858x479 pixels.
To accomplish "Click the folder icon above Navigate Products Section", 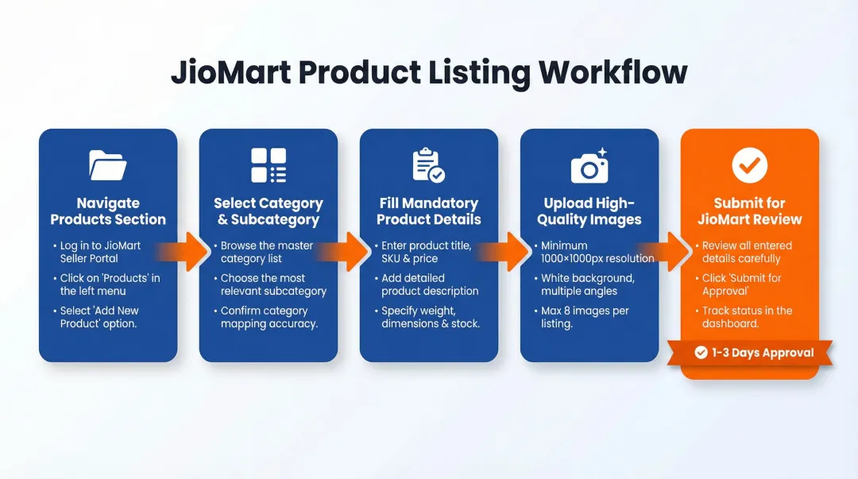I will pos(108,165).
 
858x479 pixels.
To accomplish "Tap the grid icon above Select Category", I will pos(269,165).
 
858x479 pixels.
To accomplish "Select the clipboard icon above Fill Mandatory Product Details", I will pos(428,165).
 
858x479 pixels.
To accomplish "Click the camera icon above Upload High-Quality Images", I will pos(589,166).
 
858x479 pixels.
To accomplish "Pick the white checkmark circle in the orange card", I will pos(749,165).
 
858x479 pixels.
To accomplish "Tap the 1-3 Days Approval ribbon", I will pos(752,353).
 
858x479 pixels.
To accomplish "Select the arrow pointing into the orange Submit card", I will pos(671,253).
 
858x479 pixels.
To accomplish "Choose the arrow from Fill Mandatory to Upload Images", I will pos(509,253).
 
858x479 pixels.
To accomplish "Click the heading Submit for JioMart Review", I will pos(749,211).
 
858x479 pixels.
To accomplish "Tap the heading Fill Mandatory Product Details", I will pos(429,211).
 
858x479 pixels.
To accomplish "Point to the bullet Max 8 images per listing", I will pos(585,317).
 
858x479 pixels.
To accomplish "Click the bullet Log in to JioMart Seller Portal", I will pos(100,252).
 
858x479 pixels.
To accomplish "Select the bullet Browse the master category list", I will pos(266,252).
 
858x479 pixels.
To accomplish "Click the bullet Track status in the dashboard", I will pos(747,317).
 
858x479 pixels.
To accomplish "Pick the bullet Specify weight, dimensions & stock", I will pos(430,317).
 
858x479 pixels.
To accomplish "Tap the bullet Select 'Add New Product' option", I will pos(99,317).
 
